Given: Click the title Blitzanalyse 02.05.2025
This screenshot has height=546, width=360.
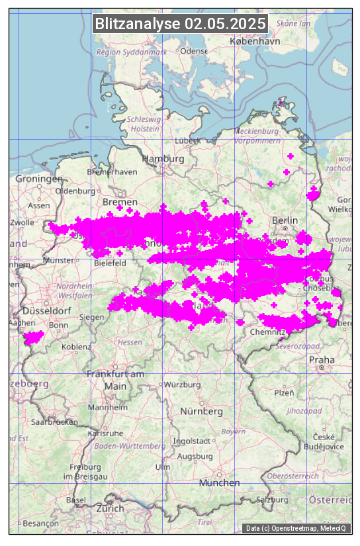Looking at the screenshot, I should (180, 24).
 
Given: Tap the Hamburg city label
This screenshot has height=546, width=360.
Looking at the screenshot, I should (163, 159).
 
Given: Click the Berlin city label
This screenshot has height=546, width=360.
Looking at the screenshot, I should (285, 220).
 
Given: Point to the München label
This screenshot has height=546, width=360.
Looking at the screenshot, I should (219, 483).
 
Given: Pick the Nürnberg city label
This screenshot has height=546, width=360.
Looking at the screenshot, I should (202, 412).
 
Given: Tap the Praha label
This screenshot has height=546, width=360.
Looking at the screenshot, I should (321, 359).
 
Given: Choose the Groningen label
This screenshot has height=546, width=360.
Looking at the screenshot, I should (39, 179).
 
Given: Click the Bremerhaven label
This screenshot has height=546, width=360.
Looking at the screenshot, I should (112, 172).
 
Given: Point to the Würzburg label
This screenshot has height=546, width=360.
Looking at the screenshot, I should (182, 385).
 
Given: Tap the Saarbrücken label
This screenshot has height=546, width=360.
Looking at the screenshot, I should (55, 421).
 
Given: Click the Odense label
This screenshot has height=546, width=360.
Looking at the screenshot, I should (193, 51).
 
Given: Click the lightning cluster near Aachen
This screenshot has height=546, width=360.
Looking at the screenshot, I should (32, 338).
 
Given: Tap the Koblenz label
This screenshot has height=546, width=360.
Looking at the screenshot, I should (76, 346).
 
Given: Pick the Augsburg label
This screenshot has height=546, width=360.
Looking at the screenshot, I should (195, 457).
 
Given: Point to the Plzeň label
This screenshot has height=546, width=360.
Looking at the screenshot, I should (285, 392).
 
